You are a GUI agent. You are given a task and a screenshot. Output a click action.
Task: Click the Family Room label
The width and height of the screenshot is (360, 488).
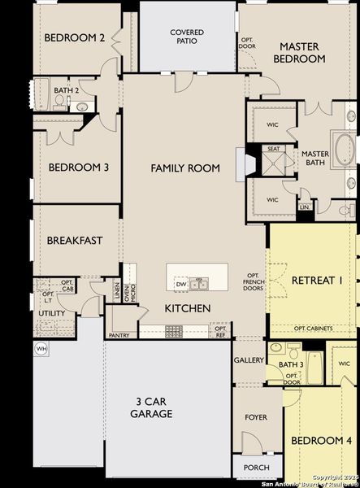pos(185,168)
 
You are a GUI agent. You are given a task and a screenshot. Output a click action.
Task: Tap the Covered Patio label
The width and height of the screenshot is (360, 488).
pos(187,37)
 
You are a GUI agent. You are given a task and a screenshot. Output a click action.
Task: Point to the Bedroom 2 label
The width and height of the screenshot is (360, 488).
pos(75,37)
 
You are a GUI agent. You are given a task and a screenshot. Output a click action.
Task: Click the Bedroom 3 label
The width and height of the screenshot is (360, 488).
pos(79,168)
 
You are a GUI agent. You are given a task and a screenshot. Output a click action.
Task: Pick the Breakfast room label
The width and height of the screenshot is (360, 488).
pos(74,240)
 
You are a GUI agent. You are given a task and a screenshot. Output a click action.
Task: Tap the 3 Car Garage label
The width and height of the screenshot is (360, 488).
pos(151,407)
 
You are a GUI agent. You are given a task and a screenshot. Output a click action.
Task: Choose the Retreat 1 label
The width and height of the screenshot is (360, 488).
pos(317,281)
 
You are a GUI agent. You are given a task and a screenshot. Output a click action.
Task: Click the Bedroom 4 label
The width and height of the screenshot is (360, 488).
pos(322,440)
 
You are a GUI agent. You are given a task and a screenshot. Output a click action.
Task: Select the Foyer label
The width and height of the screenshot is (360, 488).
pos(255,417)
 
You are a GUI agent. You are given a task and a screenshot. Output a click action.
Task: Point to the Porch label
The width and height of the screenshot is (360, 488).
pos(256,468)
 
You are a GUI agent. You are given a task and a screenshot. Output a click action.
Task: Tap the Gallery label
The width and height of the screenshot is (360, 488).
pos(249,359)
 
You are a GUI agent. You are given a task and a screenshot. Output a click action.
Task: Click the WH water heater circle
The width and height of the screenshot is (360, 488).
pos(41,349)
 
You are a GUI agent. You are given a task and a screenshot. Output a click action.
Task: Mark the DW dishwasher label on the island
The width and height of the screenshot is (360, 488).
pos(180,283)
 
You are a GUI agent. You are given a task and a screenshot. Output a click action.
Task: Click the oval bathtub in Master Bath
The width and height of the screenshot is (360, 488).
pos(344,150)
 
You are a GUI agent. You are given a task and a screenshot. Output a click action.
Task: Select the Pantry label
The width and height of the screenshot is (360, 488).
pos(118,334)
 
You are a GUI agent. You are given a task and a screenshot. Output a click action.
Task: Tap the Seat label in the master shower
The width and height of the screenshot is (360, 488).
pos(274,149)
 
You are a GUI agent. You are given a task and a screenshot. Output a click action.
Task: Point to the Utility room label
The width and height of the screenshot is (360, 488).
pos(52,313)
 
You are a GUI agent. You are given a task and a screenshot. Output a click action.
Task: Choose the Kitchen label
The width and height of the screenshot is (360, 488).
pos(188,308)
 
